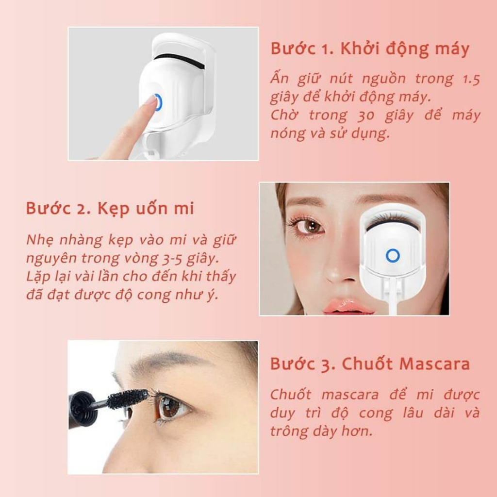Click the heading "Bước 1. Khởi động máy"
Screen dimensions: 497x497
[x=370, y=50]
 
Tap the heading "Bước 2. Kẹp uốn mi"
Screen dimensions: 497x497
[x=110, y=209]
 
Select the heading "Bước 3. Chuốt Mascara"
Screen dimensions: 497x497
[x=370, y=364]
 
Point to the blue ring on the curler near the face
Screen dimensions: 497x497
[x=392, y=255]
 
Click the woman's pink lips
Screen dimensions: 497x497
[x=346, y=306]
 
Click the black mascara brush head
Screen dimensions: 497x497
[x=127, y=398]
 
